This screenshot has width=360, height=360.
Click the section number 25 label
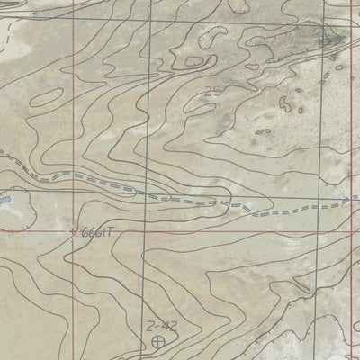coord(212,90)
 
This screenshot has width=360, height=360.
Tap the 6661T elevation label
coord(98,231)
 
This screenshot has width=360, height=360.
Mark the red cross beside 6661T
coord(74,230)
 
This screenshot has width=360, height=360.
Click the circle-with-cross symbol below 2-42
coord(159,341)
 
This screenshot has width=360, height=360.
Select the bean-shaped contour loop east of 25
coord(263,131)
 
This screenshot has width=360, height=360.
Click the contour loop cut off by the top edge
coord(238,4)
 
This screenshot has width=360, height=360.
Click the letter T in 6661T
coord(114,231)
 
